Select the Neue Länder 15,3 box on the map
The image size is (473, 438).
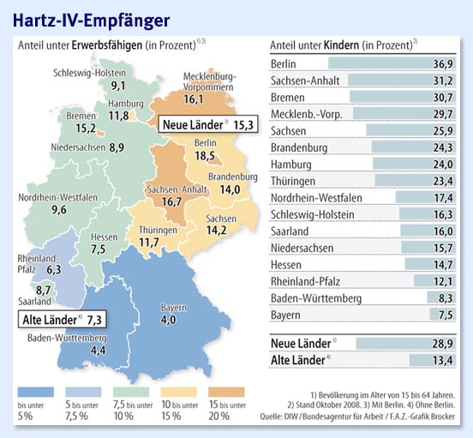pos(207,125)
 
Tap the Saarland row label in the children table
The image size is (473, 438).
pos(292,231)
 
